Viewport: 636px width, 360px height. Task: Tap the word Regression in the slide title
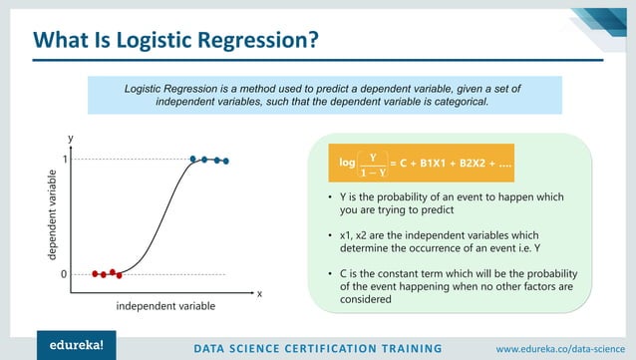point(259,41)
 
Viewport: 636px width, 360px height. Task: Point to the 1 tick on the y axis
point(64,160)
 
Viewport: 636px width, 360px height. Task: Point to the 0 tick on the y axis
point(64,273)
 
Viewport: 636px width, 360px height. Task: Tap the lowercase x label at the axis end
point(259,294)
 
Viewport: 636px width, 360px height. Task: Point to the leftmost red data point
point(95,273)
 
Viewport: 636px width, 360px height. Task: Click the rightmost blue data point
point(226,161)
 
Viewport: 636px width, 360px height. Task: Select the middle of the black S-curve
point(160,216)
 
